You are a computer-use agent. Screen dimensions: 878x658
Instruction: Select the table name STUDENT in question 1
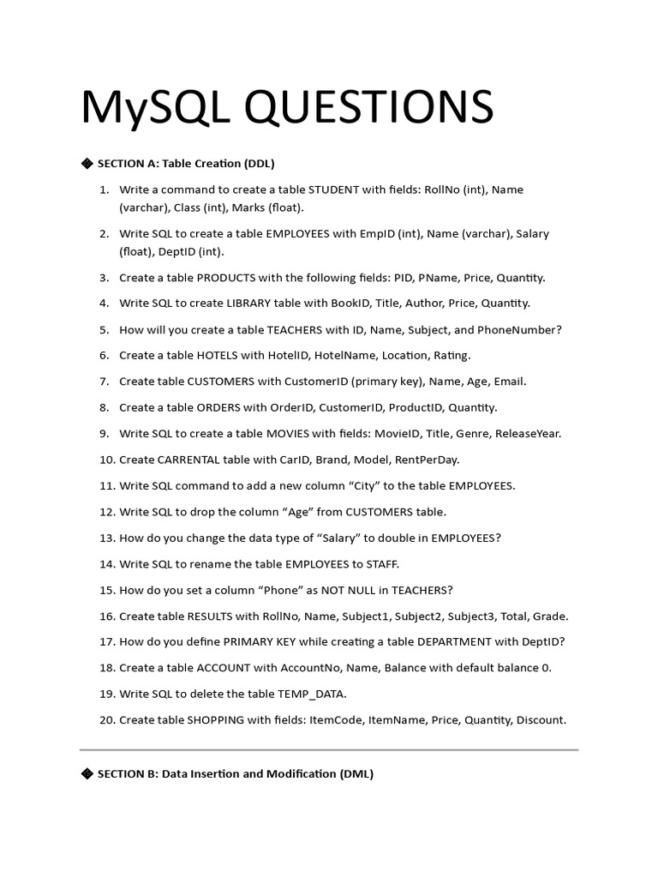334,189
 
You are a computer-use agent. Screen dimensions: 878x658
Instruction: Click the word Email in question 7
511,382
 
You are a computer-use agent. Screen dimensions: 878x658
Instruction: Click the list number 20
106,720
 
